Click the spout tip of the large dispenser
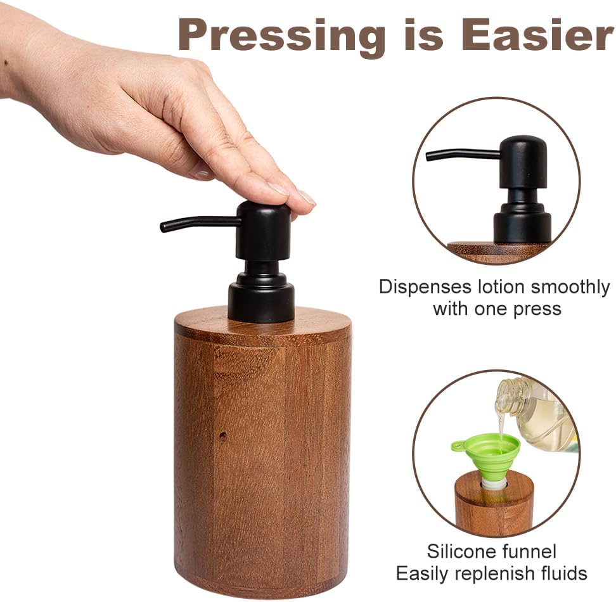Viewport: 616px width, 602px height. point(164,226)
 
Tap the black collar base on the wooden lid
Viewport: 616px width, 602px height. point(261,302)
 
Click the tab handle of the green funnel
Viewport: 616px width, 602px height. point(458,446)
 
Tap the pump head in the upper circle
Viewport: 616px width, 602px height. point(523,162)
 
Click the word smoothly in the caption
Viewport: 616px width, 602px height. point(570,287)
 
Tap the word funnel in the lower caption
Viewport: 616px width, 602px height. point(529,551)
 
